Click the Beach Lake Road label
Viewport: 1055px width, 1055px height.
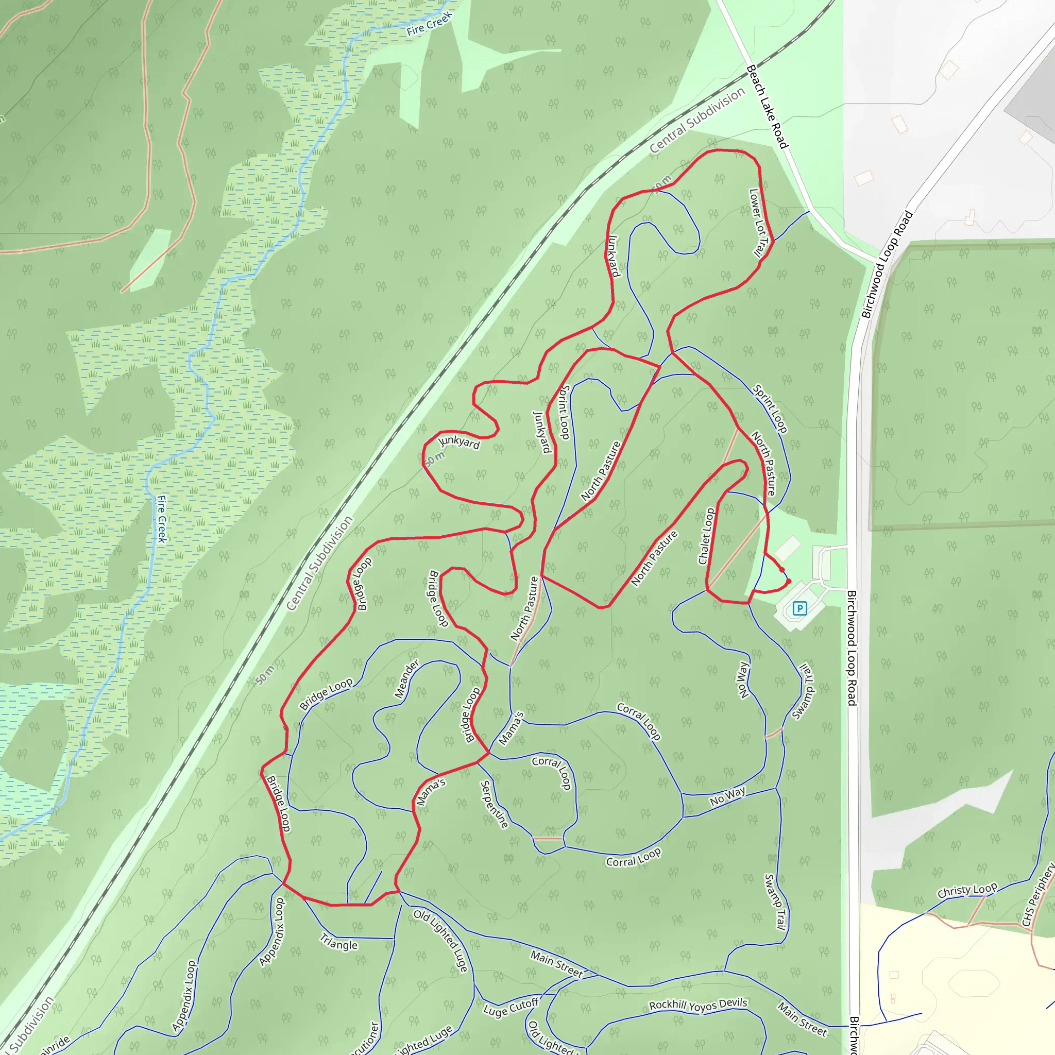click(x=767, y=107)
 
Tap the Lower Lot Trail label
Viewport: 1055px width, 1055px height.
click(x=759, y=223)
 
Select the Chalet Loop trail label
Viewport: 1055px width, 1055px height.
click(x=706, y=536)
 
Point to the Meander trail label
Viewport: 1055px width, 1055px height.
click(x=407, y=679)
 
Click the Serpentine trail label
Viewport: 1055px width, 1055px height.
click(x=494, y=804)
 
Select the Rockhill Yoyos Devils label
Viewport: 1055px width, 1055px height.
click(x=698, y=1005)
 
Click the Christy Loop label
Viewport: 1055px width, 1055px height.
click(x=967, y=891)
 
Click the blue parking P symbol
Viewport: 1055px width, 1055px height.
click(x=799, y=608)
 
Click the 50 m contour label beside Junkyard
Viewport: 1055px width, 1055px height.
click(x=435, y=459)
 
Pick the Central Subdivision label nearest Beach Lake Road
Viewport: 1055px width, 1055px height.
click(x=697, y=120)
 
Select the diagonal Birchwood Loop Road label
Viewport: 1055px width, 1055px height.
click(x=887, y=264)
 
